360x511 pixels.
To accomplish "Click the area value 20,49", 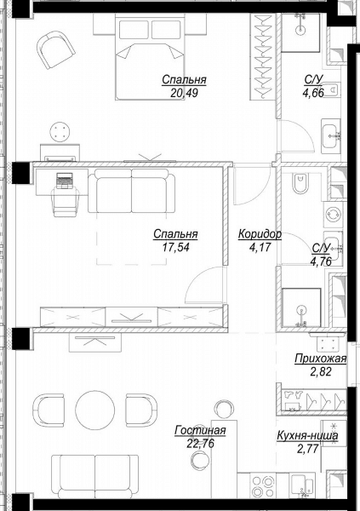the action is (184, 94).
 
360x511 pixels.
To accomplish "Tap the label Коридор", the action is (260, 234).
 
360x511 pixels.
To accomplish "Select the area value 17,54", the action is (175, 248).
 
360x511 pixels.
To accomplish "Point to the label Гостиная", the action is (200, 430).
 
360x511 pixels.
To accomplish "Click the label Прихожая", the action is (320, 359).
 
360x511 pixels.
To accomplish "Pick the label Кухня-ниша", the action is (307, 435).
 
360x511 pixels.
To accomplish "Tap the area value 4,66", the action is (313, 93).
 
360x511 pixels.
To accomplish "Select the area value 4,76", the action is (321, 261).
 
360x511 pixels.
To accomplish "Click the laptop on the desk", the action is (65, 181).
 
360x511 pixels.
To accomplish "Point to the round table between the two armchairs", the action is (94, 411).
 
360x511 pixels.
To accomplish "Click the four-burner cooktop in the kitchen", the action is (263, 486).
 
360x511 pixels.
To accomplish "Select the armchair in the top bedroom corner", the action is (55, 50).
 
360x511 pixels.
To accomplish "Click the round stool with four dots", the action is (60, 132).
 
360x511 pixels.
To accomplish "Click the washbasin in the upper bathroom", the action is (331, 136).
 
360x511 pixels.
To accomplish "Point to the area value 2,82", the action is (321, 371).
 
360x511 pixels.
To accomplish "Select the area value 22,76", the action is (200, 444).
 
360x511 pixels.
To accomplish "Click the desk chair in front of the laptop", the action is (66, 202).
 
